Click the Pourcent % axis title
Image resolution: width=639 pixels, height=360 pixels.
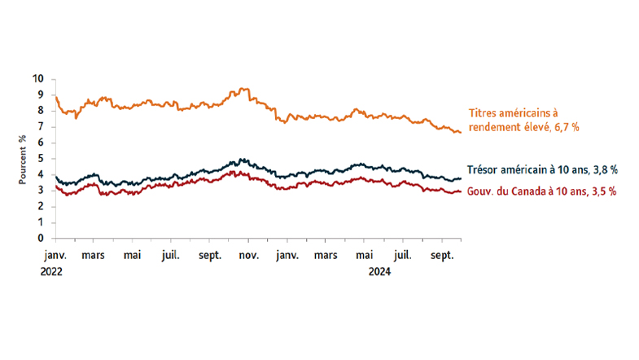tap(24, 159)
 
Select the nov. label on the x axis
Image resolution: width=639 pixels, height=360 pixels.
tap(248, 255)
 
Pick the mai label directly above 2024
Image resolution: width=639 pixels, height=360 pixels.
tap(366, 255)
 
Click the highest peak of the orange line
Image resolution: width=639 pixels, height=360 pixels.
tap(242, 88)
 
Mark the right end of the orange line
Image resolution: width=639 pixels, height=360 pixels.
tap(461, 132)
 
